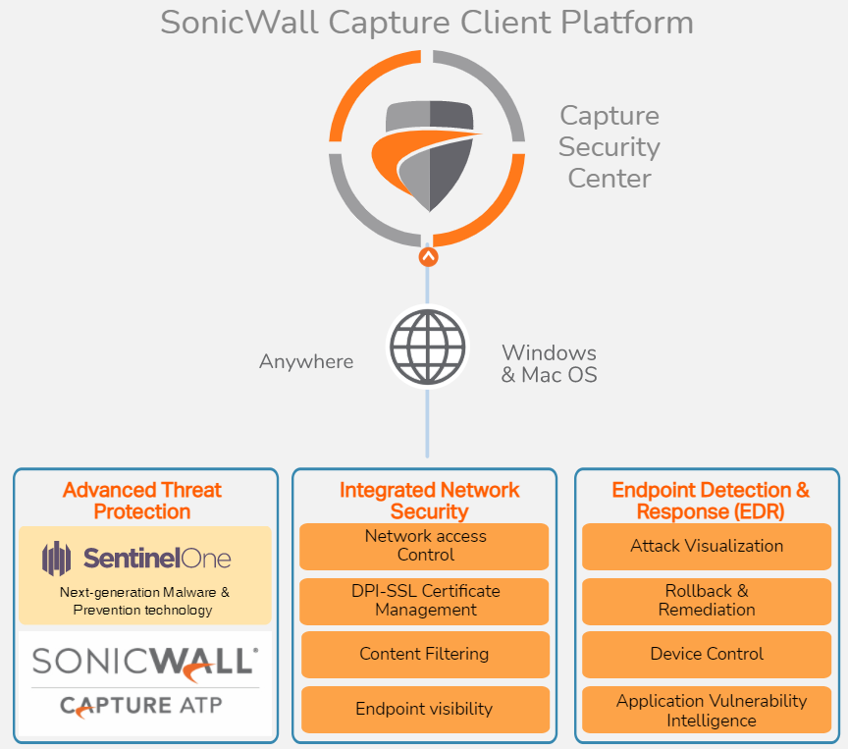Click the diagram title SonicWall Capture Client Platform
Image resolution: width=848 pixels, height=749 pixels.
point(427,23)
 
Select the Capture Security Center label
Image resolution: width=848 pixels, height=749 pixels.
point(609,147)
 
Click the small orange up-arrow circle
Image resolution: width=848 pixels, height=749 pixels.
point(428,257)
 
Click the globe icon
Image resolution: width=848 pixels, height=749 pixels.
point(426,346)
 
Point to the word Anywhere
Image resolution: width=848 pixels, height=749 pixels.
point(306,362)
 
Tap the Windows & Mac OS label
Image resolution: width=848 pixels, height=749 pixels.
point(549,363)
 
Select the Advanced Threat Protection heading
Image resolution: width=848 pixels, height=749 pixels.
point(142,501)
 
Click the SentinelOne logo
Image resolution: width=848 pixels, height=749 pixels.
point(136,559)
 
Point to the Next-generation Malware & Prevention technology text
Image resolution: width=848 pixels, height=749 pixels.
point(143,601)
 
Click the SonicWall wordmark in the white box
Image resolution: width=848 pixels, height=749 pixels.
point(144,660)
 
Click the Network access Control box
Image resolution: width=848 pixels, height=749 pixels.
point(425,546)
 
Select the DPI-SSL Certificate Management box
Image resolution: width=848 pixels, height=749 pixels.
point(425,601)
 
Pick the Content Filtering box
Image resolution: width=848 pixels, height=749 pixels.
point(424,654)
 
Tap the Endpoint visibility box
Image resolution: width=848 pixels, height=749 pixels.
point(424,709)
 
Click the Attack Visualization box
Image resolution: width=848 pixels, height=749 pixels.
point(707,546)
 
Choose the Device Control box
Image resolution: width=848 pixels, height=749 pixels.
point(707,654)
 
